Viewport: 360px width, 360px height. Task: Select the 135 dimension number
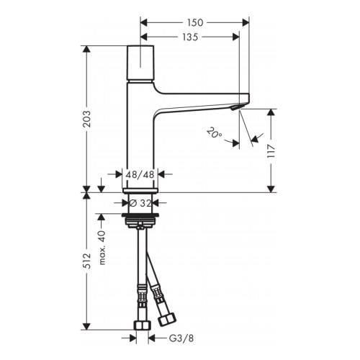point(190,37)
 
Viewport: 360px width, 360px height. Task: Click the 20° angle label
point(214,132)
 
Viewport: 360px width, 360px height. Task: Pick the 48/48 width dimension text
point(140,174)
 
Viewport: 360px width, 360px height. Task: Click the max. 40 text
point(103,233)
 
